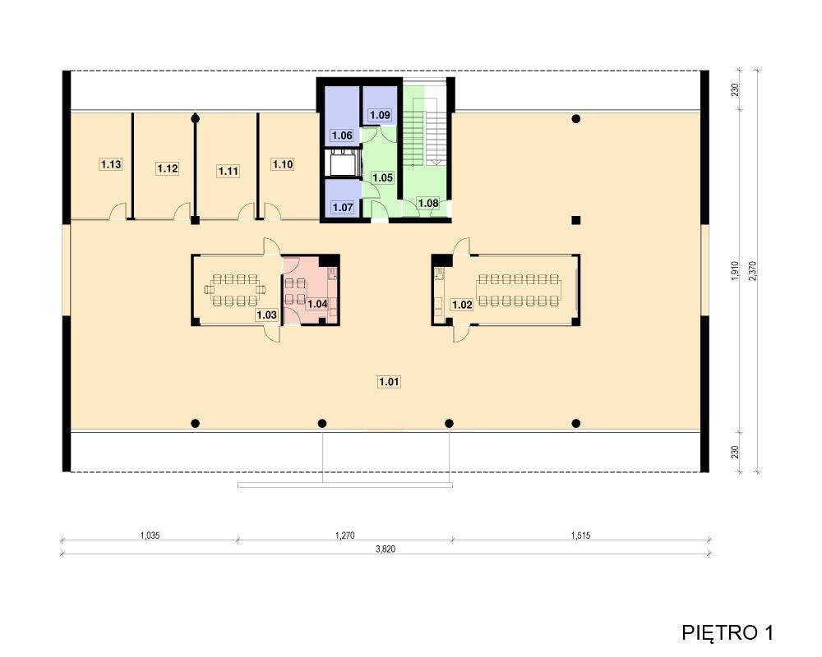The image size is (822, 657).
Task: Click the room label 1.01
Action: [389, 382]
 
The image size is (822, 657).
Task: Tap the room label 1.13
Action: [111, 164]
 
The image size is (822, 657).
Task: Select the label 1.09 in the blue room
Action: [380, 115]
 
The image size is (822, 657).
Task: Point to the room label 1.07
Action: [342, 208]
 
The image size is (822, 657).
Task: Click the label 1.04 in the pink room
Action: [317, 304]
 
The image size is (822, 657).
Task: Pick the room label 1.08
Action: [428, 204]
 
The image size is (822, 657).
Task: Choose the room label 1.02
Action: [462, 305]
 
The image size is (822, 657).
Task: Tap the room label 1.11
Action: [228, 171]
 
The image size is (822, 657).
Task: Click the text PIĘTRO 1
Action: [727, 632]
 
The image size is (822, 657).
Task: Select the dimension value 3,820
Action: [386, 549]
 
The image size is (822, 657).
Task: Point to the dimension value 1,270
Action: [345, 535]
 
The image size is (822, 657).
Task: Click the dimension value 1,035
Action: [150, 535]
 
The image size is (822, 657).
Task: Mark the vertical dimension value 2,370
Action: [753, 271]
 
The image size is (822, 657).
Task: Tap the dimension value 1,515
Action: [581, 535]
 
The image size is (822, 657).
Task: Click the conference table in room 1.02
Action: [519, 290]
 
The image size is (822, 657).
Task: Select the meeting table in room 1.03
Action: [234, 290]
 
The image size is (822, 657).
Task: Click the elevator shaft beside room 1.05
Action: [342, 163]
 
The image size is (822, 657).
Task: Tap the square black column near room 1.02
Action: [575, 220]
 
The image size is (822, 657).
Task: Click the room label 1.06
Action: [342, 136]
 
